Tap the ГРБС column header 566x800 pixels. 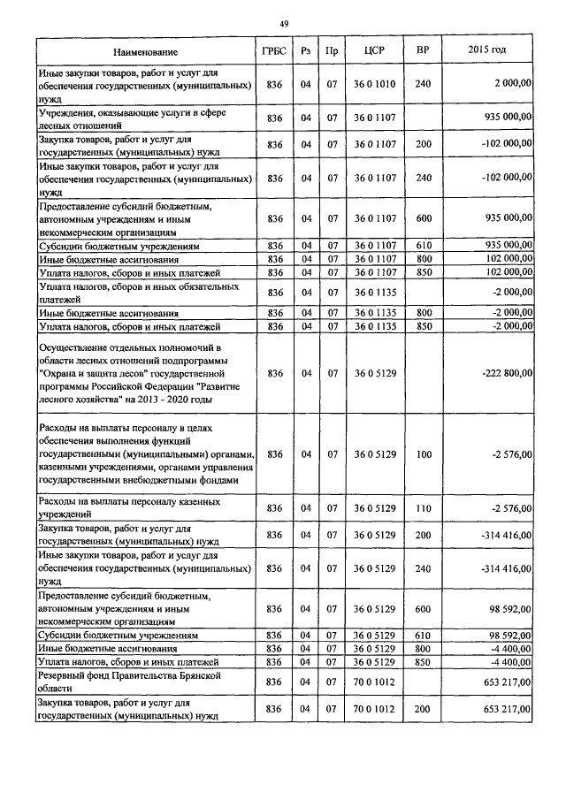pos(273,51)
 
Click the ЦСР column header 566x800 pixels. pos(371,51)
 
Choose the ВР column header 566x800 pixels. pos(422,50)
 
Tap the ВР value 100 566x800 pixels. pos(422,454)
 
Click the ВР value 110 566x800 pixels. pos(422,507)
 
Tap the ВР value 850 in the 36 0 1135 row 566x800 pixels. pos(422,327)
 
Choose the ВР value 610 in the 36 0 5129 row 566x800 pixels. pos(422,636)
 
